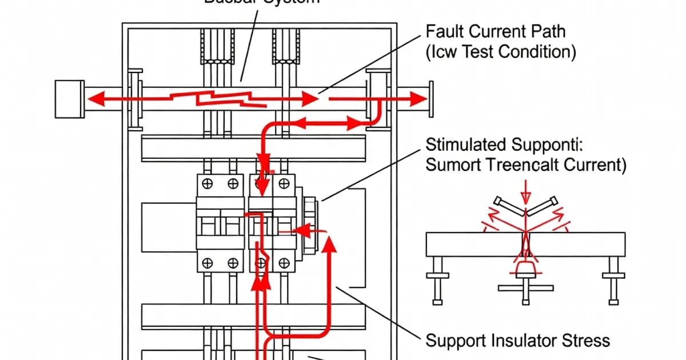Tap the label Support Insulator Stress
click(x=518, y=341)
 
